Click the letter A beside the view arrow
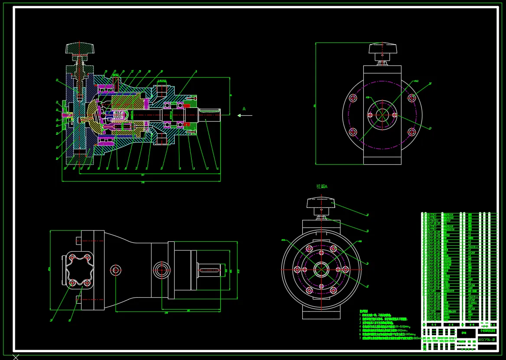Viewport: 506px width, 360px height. [x=244, y=109]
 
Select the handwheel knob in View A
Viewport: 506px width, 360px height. [x=321, y=202]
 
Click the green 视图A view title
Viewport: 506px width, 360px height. [x=322, y=187]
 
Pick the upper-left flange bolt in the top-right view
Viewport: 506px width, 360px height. [x=353, y=98]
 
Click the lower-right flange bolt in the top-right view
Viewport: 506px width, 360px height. [x=412, y=132]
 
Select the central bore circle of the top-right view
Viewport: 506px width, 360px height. [x=382, y=115]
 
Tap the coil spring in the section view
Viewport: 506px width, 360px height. [x=119, y=115]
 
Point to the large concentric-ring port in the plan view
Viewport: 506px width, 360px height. [x=162, y=269]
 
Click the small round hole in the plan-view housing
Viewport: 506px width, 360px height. [x=115, y=270]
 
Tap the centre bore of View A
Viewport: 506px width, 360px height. [x=321, y=269]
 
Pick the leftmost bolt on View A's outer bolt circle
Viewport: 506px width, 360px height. [x=297, y=269]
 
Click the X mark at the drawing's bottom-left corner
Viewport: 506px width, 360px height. [x=16, y=357]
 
